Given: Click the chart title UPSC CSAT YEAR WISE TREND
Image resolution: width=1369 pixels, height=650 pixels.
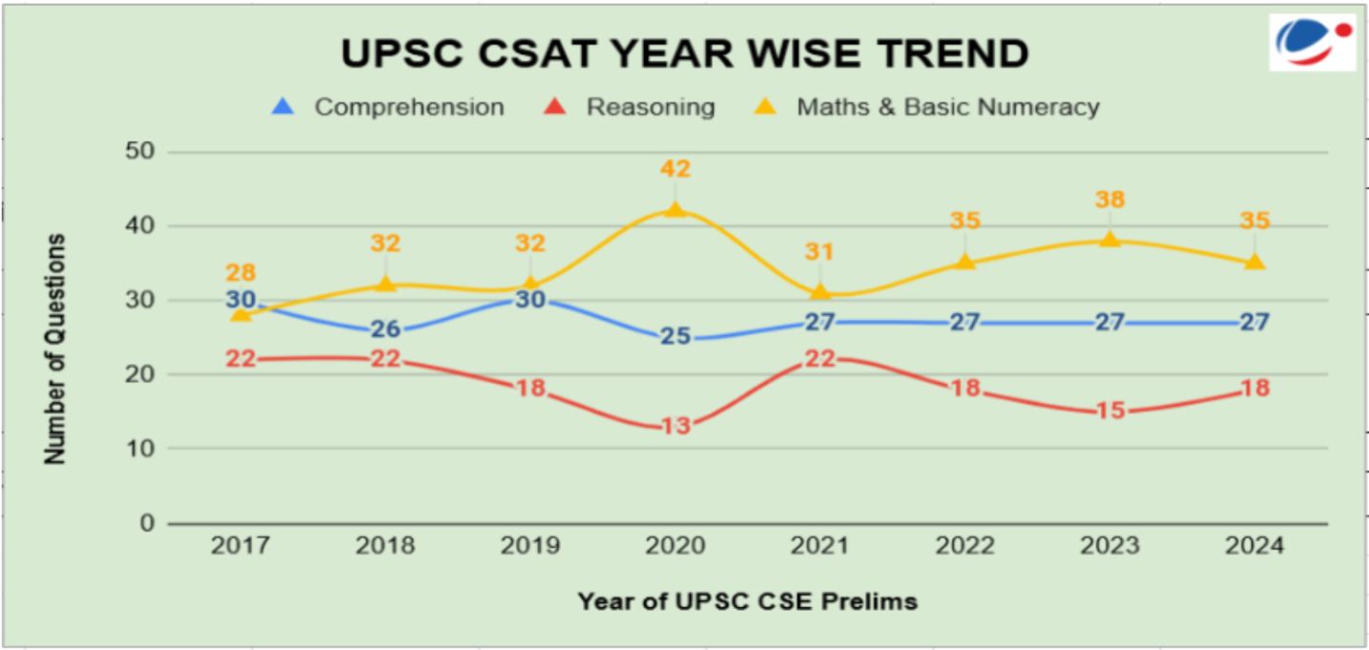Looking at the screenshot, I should pyautogui.click(x=684, y=53).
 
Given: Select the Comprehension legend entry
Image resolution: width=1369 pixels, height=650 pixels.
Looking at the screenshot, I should pyautogui.click(x=408, y=107).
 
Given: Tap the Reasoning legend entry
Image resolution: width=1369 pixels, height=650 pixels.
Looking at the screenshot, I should pyautogui.click(x=650, y=107).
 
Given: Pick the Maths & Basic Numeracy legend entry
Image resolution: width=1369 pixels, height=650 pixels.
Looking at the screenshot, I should pyautogui.click(x=947, y=107).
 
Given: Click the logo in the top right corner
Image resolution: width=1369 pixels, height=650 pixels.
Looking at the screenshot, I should pyautogui.click(x=1312, y=43).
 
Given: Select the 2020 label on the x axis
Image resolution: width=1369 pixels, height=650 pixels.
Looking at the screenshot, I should pyautogui.click(x=674, y=547).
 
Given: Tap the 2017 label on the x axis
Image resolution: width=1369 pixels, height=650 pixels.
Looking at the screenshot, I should pyautogui.click(x=240, y=547).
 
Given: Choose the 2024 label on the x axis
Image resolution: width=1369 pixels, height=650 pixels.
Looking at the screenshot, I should pyautogui.click(x=1254, y=547).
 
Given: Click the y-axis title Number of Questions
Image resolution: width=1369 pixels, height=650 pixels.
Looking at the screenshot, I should pyautogui.click(x=56, y=348).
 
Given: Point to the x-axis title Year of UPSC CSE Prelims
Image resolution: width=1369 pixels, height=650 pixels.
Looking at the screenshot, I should pyautogui.click(x=747, y=601).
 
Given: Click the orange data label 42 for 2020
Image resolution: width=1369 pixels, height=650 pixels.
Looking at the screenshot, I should pyautogui.click(x=674, y=169).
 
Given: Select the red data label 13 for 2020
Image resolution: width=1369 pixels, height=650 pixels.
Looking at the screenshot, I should pyautogui.click(x=674, y=426).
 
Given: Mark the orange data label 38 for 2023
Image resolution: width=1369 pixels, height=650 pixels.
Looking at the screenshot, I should pyautogui.click(x=1110, y=200).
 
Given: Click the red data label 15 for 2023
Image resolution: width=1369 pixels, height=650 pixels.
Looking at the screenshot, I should pyautogui.click(x=1110, y=411).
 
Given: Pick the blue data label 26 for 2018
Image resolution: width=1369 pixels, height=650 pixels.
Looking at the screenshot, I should pyautogui.click(x=384, y=329).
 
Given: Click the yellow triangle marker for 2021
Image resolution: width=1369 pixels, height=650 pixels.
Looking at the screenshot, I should pyautogui.click(x=819, y=292).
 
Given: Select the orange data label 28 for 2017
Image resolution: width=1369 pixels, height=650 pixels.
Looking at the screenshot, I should pyautogui.click(x=240, y=273).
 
